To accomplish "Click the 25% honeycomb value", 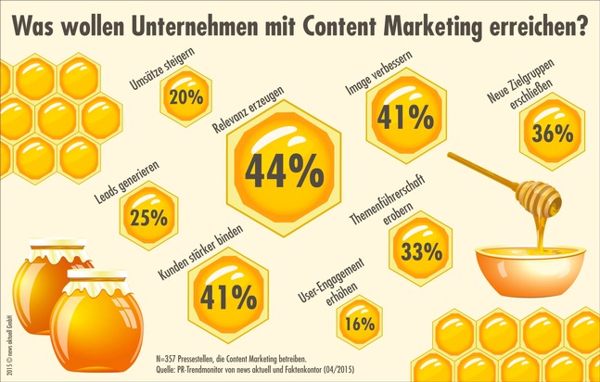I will pyautogui.click(x=148, y=218).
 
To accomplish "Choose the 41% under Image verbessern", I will pyautogui.click(x=404, y=117).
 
